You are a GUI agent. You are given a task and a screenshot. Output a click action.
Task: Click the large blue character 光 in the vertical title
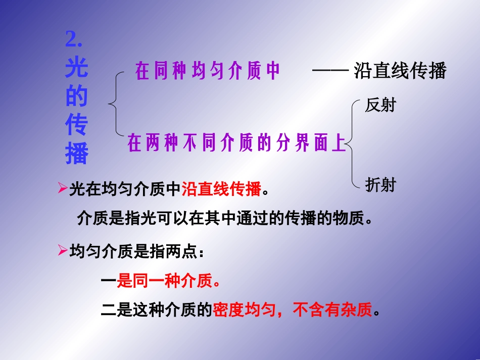point(77,68)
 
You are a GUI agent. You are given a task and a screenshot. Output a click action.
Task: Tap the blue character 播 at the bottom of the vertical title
point(77,155)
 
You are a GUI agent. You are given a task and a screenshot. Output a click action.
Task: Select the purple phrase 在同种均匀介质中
point(207,72)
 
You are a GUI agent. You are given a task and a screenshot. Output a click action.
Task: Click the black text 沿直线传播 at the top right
point(400,71)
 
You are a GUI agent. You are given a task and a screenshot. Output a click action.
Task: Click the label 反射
point(380,106)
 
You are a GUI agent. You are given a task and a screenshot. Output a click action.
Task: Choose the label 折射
point(380,185)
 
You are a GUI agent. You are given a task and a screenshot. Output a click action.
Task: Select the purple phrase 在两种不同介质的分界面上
point(236,144)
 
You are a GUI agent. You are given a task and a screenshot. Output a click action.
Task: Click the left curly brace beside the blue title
point(115,104)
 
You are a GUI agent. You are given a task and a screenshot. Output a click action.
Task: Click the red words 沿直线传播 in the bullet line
point(221,189)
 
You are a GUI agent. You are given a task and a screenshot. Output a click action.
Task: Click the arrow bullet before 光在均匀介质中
point(63,189)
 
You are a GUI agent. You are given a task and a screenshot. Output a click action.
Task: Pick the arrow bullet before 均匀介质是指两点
point(63,250)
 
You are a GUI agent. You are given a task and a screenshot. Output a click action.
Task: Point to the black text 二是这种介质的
point(156,310)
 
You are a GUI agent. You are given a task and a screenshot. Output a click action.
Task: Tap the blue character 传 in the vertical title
point(77,126)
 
